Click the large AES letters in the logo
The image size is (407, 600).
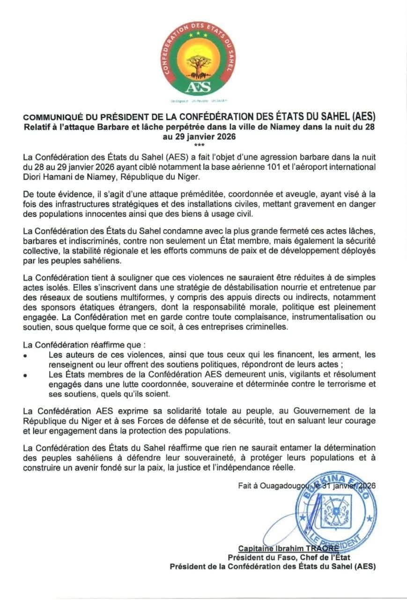pyautogui.click(x=198, y=87)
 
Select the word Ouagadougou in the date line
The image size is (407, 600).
pyautogui.click(x=281, y=487)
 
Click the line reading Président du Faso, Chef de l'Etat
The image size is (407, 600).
pyautogui.click(x=289, y=557)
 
